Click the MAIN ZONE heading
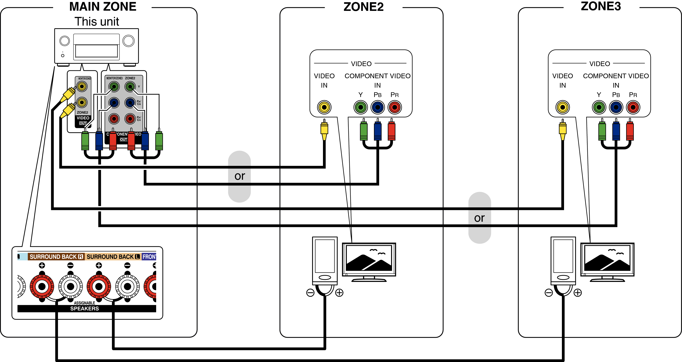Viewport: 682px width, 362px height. [x=103, y=7]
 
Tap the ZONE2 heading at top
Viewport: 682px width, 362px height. [x=363, y=7]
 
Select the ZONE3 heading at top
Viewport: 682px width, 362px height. [x=601, y=6]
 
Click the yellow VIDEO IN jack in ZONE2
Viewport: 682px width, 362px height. [x=324, y=107]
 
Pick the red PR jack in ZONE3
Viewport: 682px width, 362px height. [x=633, y=107]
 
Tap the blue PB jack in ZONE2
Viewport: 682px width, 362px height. [x=378, y=107]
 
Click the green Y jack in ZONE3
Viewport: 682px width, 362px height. [x=599, y=107]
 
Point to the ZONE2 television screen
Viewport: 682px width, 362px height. [x=369, y=258]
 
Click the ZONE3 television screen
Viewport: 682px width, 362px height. [x=607, y=258]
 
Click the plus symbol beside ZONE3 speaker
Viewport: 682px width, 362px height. [x=578, y=293]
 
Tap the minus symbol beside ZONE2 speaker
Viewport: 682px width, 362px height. [x=310, y=293]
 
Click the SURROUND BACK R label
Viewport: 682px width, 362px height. [x=56, y=257]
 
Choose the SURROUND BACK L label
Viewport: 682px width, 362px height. [x=113, y=257]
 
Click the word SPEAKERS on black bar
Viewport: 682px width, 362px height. [x=84, y=308]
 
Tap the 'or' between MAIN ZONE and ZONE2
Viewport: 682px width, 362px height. [x=240, y=176]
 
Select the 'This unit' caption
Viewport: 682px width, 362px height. [x=97, y=22]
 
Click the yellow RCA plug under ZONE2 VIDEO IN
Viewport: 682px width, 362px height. [x=324, y=130]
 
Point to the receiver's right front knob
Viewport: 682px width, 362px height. [x=128, y=41]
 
